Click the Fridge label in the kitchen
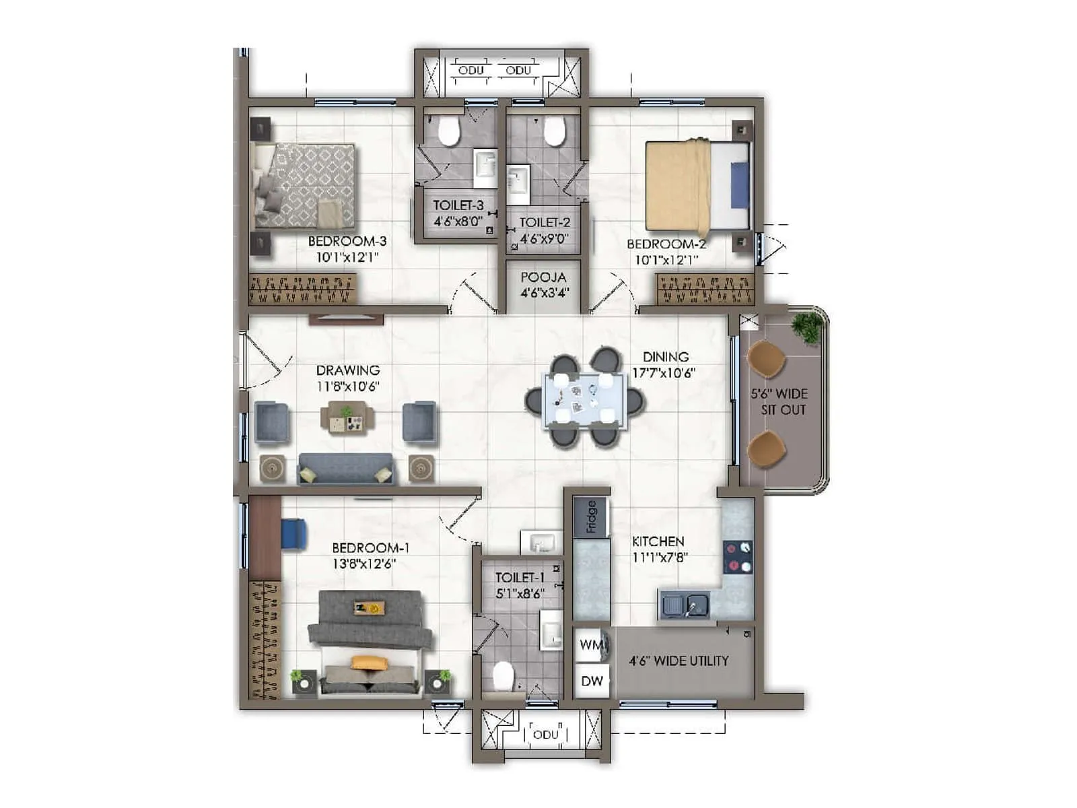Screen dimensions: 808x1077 click(591, 516)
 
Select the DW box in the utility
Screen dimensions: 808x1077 click(592, 681)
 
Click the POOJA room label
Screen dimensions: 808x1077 click(543, 277)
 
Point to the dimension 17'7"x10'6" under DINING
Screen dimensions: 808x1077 click(663, 372)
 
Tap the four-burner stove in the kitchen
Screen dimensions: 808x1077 click(738, 557)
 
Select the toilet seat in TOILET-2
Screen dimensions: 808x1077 click(554, 131)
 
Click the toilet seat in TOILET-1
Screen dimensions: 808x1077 click(503, 676)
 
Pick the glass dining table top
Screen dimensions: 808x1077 click(584, 400)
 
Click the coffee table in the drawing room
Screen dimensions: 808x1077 click(347, 417)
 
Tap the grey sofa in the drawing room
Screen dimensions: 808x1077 click(346, 467)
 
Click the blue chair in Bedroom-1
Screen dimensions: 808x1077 click(293, 533)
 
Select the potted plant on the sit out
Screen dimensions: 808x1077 click(806, 327)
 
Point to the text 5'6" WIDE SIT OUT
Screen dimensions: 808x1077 click(779, 401)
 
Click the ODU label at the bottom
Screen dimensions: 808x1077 click(545, 734)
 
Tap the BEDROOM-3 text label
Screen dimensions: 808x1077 click(347, 241)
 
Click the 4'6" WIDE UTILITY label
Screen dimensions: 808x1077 click(679, 661)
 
